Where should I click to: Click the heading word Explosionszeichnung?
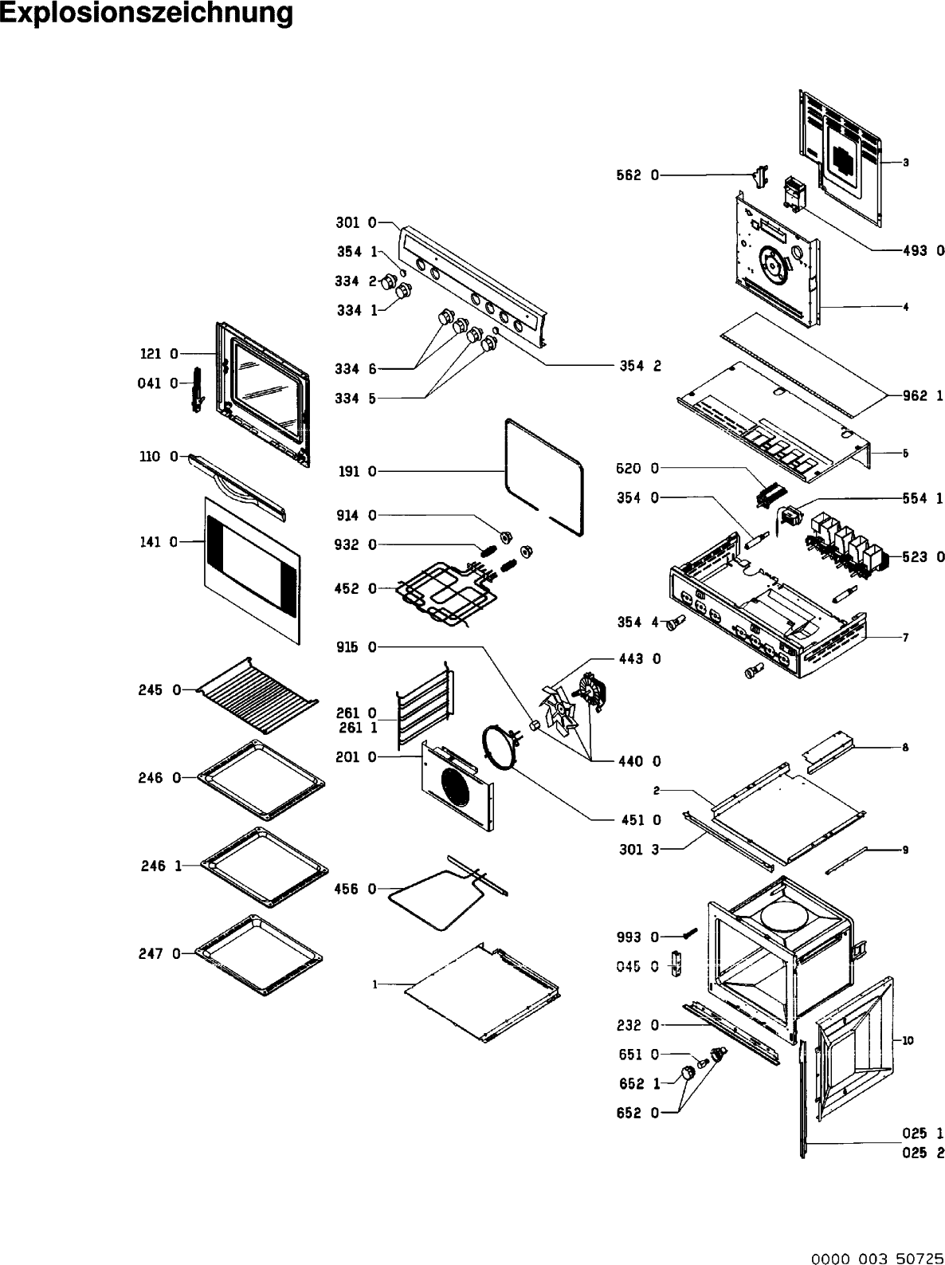(x=147, y=13)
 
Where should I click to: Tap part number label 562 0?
(x=637, y=175)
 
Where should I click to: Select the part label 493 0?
(x=923, y=250)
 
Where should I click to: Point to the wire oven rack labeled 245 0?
(x=255, y=693)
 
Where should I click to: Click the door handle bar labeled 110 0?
(x=237, y=485)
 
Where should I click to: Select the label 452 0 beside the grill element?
(x=355, y=589)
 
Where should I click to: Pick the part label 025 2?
(x=923, y=1153)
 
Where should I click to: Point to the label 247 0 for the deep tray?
(x=160, y=953)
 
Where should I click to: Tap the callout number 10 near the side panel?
(x=908, y=1040)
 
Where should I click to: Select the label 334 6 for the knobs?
(x=355, y=368)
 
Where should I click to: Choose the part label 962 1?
(x=923, y=395)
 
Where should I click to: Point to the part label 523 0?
(x=923, y=556)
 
